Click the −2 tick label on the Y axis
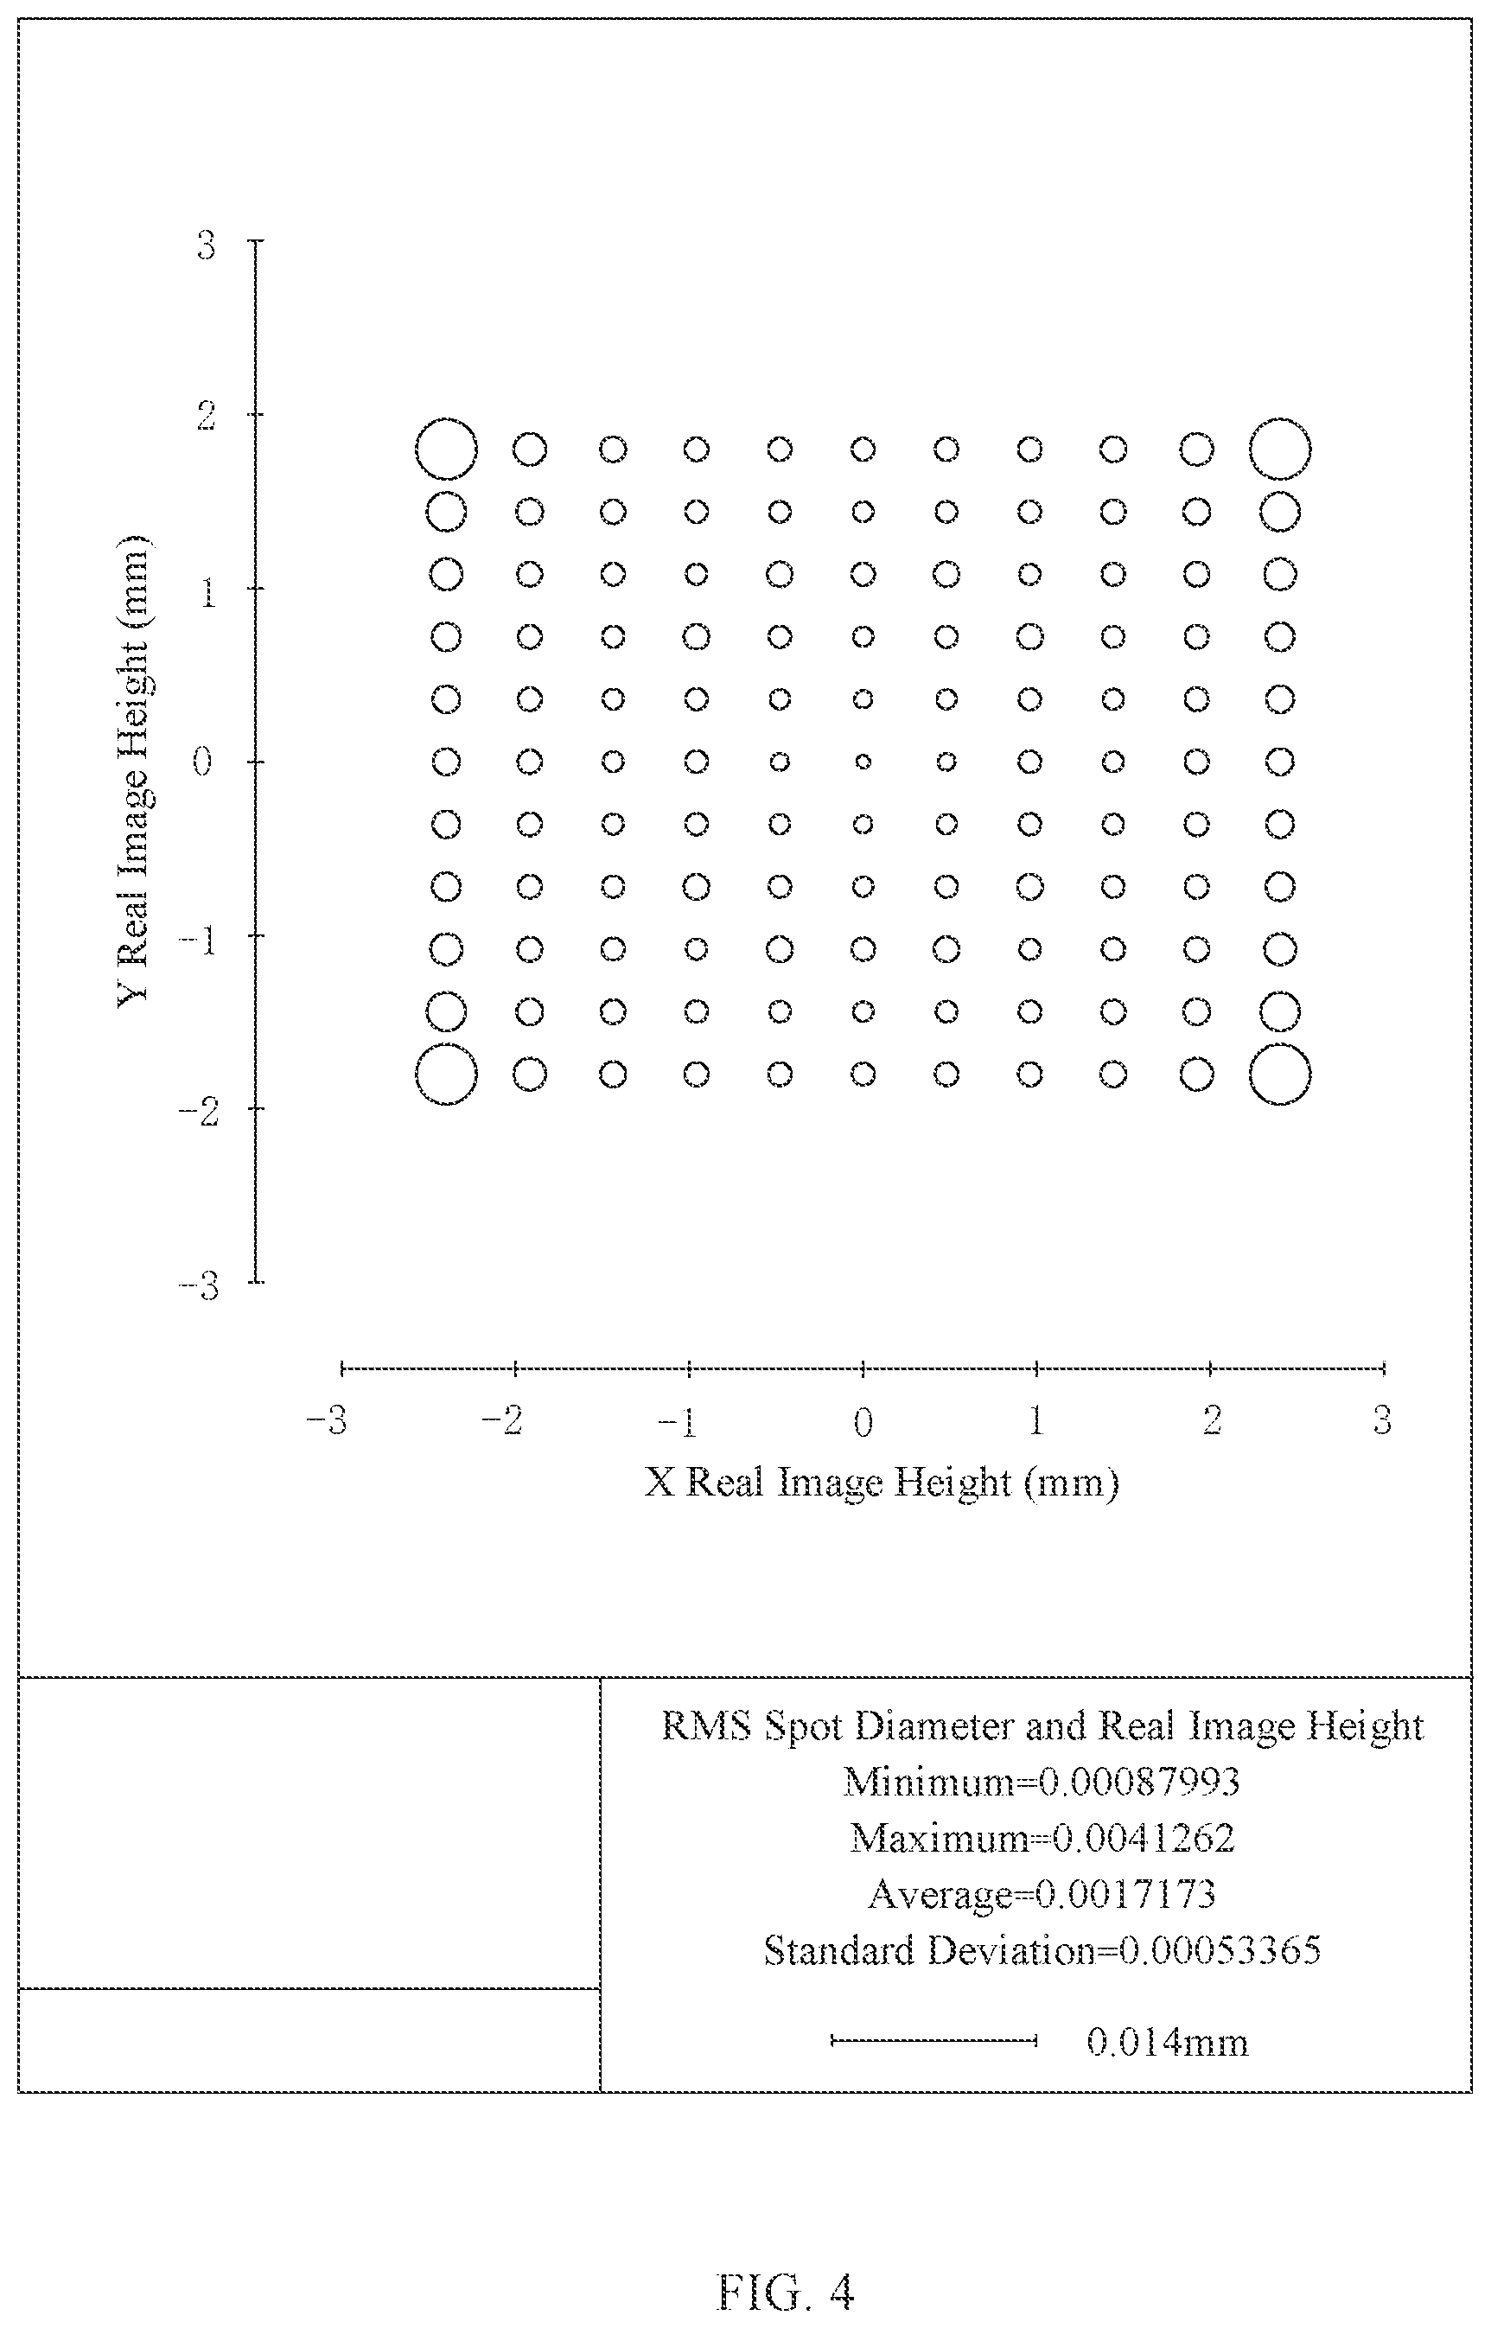coord(199,1112)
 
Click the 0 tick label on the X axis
coord(863,1421)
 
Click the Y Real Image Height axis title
coord(134,770)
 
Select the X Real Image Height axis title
coord(882,1483)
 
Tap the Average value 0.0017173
coord(1125,1893)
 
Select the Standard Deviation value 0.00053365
coord(1220,1949)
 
